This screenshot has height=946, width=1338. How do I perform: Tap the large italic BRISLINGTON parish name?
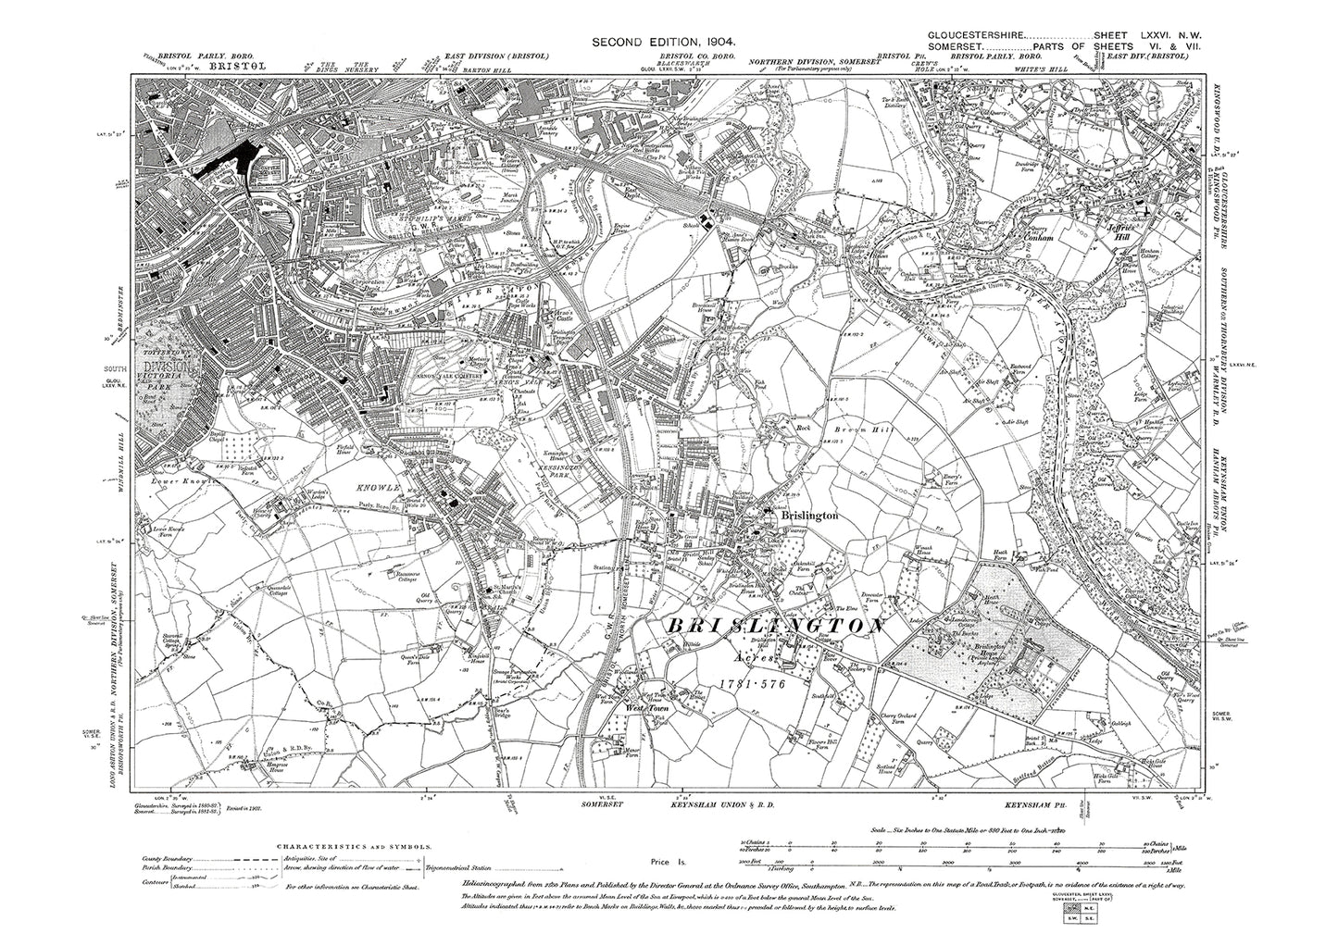pyautogui.click(x=772, y=628)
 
